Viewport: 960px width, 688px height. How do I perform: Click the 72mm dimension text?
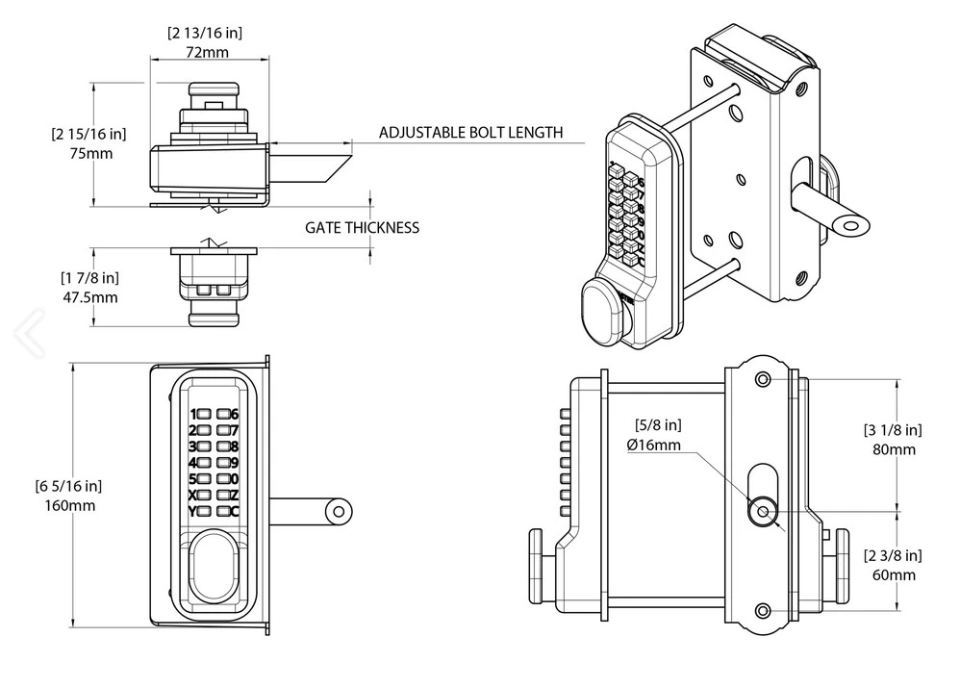click(x=207, y=52)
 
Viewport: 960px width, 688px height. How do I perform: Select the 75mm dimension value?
click(x=91, y=153)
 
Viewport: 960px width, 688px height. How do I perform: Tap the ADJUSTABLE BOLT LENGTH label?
click(x=470, y=133)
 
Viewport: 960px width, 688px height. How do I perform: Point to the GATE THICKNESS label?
click(x=363, y=228)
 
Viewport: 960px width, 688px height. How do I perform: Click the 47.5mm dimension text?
click(x=90, y=297)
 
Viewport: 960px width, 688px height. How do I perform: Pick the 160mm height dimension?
click(x=70, y=506)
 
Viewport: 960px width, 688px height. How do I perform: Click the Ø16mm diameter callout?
click(x=654, y=445)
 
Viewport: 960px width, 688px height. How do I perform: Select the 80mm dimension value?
click(x=894, y=449)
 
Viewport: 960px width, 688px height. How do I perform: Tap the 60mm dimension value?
click(x=894, y=575)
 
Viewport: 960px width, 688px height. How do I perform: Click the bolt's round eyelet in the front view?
click(x=339, y=512)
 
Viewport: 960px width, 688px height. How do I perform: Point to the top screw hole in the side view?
click(x=763, y=379)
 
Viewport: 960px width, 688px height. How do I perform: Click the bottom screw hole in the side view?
click(x=763, y=611)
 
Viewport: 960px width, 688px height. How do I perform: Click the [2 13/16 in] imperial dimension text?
click(x=205, y=33)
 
